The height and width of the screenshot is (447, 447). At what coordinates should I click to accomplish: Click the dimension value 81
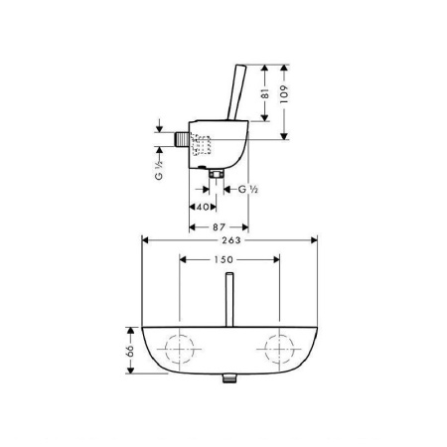(x=265, y=95)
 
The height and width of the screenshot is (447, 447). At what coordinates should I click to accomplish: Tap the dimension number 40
(x=202, y=207)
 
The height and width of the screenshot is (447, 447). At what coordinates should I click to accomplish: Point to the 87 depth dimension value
(x=220, y=226)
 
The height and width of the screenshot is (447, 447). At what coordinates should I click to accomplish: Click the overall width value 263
(x=229, y=239)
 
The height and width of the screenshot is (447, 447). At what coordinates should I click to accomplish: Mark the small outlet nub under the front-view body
(x=229, y=378)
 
